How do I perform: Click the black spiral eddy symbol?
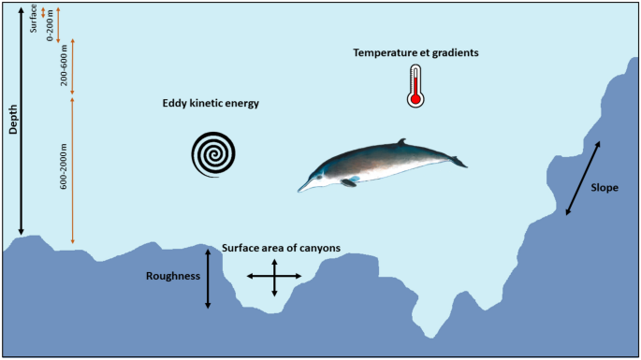pos(214,153)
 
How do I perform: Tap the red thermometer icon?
pos(415,86)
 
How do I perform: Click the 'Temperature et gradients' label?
pos(415,53)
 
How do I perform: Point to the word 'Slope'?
pos(605,187)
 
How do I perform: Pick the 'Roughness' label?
pos(174,276)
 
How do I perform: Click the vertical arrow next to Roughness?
pos(208,278)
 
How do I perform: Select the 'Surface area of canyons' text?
pos(281,248)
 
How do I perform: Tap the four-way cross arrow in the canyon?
pos(274,278)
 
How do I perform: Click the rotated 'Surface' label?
pos(35,18)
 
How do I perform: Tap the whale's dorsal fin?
pos(401,143)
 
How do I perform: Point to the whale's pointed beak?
pos(304,188)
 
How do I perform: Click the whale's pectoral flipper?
pos(349,181)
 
